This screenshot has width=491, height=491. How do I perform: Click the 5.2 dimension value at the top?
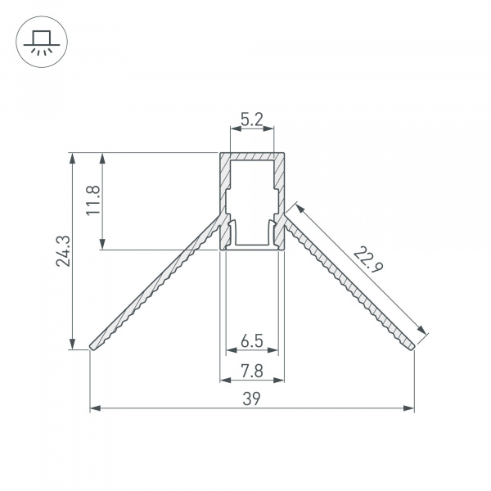coord(251,120)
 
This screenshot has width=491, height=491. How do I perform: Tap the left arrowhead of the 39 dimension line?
coord(93,407)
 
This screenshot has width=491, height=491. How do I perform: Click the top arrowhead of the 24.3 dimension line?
coord(74,157)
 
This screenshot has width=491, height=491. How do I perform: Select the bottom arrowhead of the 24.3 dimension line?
coord(74,345)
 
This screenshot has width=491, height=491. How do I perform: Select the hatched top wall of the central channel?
coord(251,156)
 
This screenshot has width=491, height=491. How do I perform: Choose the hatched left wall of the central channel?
coord(223,196)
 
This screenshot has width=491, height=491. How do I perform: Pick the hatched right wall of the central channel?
coord(280,196)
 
